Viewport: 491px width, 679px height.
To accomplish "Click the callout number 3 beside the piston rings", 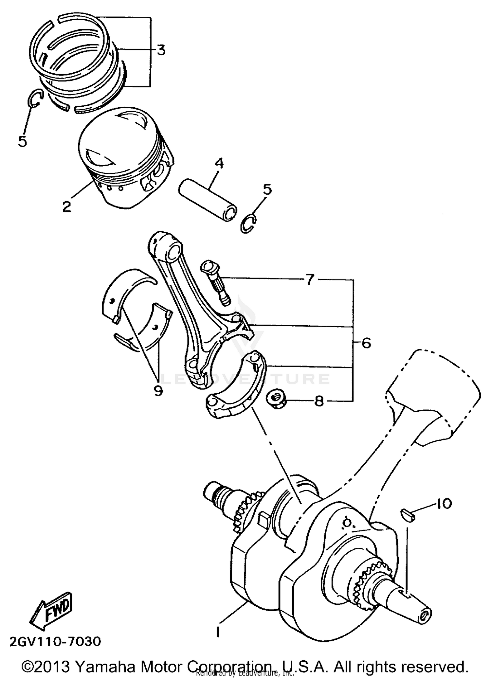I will point(160,50).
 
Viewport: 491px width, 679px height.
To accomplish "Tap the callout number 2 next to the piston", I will point(67,206).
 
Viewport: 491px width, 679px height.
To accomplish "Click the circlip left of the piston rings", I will point(35,98).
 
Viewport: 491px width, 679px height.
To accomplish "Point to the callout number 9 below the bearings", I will point(158,390).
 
